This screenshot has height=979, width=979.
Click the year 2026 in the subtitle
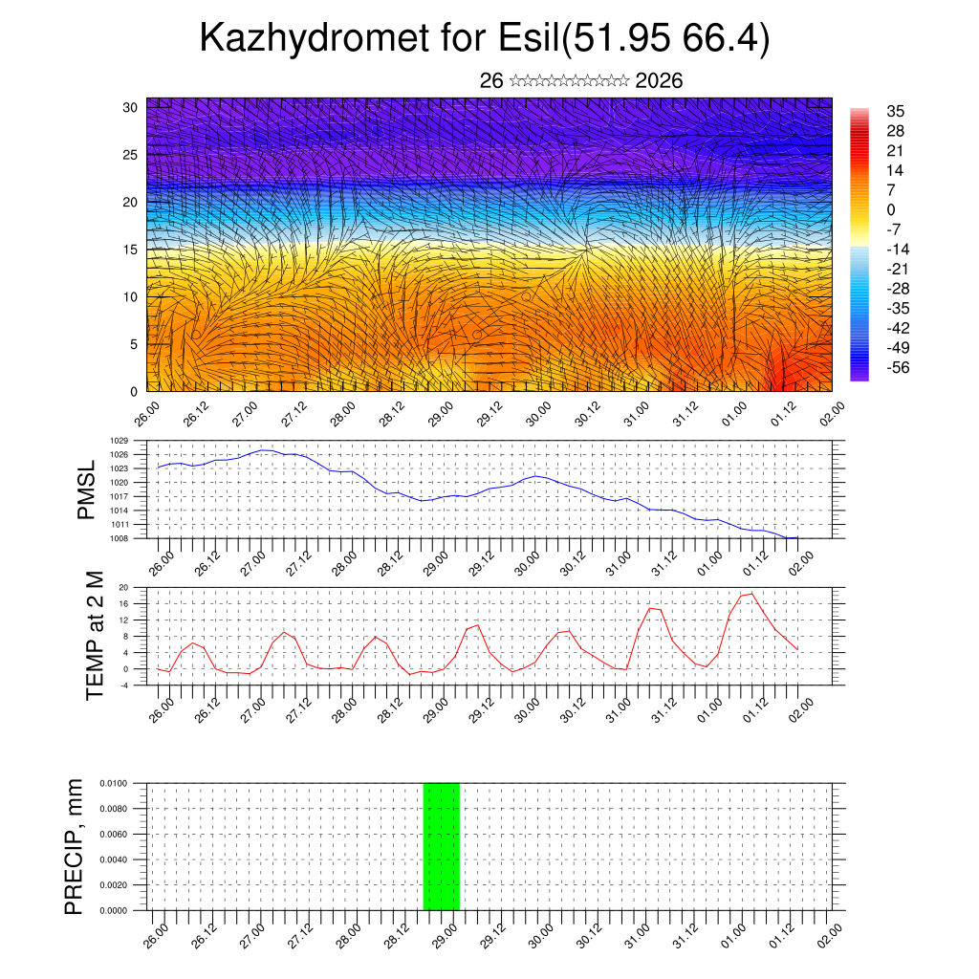click(659, 81)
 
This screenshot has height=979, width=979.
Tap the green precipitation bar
click(441, 846)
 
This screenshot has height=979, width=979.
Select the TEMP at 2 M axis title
click(94, 635)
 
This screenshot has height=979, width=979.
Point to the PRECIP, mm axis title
click(74, 846)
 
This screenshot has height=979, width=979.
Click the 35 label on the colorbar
click(896, 112)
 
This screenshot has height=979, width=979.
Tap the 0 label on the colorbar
click(891, 209)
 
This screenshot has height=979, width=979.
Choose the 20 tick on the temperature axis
click(123, 588)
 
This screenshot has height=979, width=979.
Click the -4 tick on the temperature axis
click(123, 685)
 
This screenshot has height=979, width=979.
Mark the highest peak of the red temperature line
click(752, 594)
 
